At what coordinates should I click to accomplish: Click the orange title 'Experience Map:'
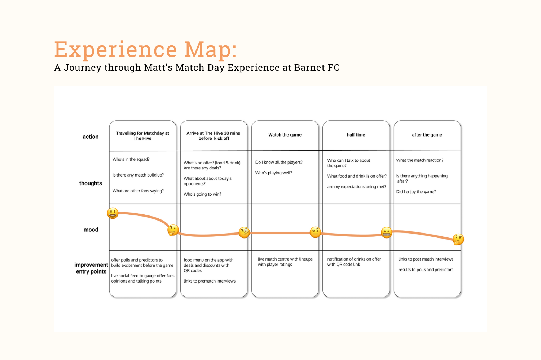[145, 50]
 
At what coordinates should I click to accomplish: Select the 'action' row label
[91, 137]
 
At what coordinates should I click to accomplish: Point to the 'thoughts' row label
[91, 183]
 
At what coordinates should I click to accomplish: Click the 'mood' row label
[91, 230]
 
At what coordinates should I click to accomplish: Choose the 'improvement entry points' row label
[91, 268]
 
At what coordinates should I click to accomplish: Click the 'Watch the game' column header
[285, 135]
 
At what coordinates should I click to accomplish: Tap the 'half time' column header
[356, 135]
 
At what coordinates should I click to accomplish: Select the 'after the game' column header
[427, 135]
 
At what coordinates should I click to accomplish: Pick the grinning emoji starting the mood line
[113, 213]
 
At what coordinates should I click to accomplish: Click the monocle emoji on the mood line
[244, 232]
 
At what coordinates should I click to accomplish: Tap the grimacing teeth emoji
[386, 232]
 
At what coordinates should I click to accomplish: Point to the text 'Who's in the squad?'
[131, 160]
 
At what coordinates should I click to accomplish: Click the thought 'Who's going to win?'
[202, 194]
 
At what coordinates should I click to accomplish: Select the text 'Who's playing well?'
[274, 173]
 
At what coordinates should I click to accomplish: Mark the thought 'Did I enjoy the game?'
[416, 192]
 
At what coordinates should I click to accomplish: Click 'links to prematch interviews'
[210, 281]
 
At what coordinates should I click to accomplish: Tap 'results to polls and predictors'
[426, 270]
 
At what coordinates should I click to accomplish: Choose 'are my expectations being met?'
[357, 187]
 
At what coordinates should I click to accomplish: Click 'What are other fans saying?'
[138, 191]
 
